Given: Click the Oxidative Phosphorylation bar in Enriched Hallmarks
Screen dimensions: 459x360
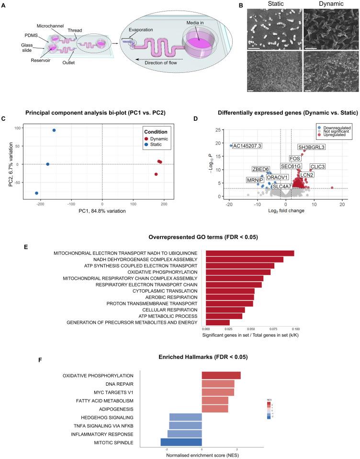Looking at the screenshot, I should (221, 375).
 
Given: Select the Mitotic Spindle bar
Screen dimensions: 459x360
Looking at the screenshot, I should (181, 442).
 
